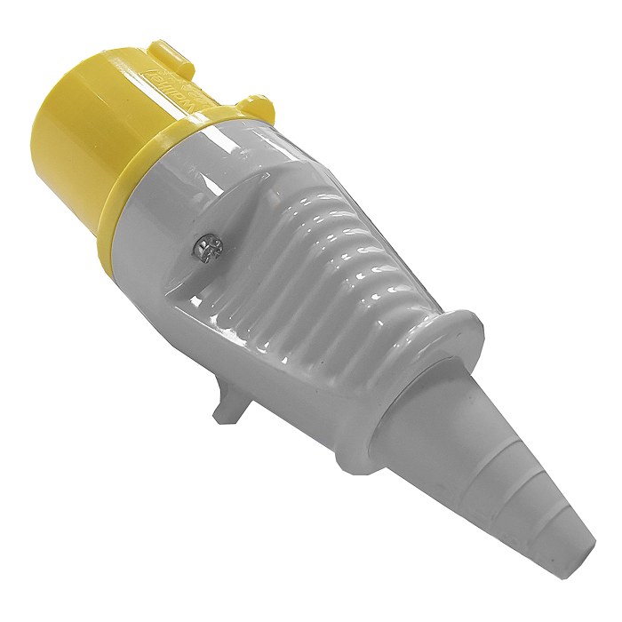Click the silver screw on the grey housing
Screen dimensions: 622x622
click(207, 244)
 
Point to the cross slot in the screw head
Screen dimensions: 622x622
click(207, 244)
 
